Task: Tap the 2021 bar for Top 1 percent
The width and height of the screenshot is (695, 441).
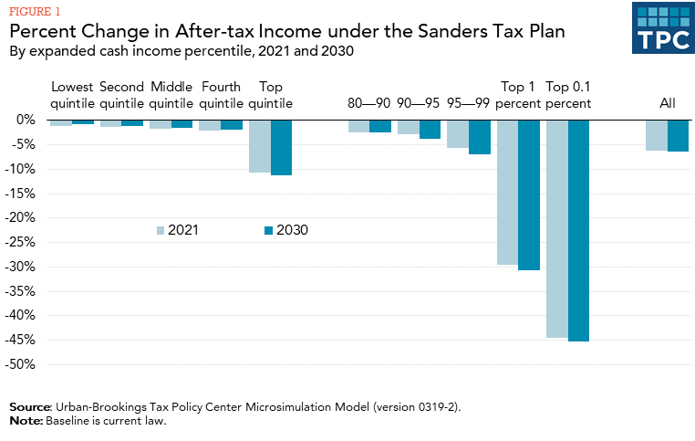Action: pyautogui.click(x=507, y=192)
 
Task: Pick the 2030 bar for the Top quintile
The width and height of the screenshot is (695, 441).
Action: pyautogui.click(x=281, y=147)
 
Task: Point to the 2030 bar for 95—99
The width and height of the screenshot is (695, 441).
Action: pyautogui.click(x=480, y=137)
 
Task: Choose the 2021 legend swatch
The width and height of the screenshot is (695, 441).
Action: pyautogui.click(x=161, y=230)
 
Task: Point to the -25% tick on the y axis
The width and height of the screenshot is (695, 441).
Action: pyautogui.click(x=20, y=242)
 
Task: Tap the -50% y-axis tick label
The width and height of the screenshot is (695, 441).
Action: pyautogui.click(x=20, y=364)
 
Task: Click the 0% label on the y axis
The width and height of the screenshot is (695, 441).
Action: pyautogui.click(x=25, y=120)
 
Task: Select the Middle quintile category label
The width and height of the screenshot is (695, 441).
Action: pyautogui.click(x=171, y=95)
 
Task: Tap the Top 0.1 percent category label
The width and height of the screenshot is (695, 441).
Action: pyautogui.click(x=568, y=95)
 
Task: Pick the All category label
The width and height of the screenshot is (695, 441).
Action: pyautogui.click(x=668, y=103)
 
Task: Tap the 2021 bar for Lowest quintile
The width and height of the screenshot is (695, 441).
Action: pyautogui.click(x=61, y=122)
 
